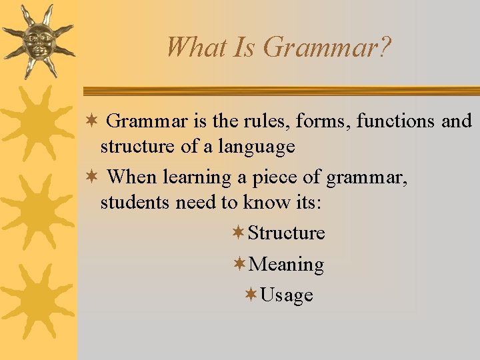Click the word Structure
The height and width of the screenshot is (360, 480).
pyautogui.click(x=286, y=233)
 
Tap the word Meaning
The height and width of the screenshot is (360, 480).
pyautogui.click(x=286, y=265)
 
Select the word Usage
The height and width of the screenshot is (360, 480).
pyautogui.click(x=287, y=295)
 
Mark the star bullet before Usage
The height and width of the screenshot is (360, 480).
pyautogui.click(x=251, y=295)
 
